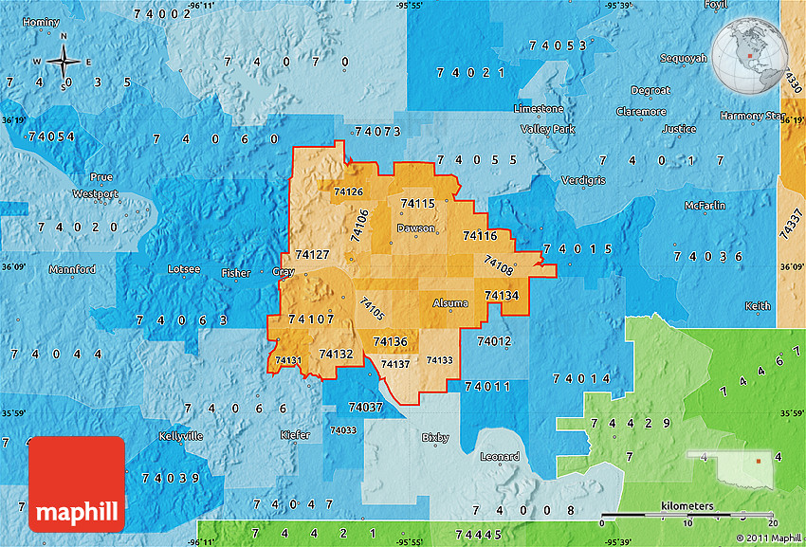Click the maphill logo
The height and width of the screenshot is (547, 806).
pyautogui.click(x=77, y=483)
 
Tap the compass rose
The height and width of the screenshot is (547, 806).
pyautogui.click(x=64, y=62)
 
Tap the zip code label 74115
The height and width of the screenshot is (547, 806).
pyautogui.click(x=417, y=204)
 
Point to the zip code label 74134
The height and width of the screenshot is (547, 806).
pyautogui.click(x=502, y=296)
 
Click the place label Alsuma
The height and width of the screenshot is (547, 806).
pyautogui.click(x=450, y=303)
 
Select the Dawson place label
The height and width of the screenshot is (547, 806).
pyautogui.click(x=416, y=228)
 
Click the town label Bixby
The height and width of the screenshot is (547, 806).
pyautogui.click(x=435, y=438)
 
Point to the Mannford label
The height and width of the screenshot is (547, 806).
pyautogui.click(x=73, y=269)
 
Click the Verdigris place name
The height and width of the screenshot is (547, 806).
pyautogui.click(x=582, y=180)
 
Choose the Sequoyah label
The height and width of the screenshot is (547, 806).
pyautogui.click(x=684, y=58)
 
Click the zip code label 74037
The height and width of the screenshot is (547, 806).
pyautogui.click(x=366, y=407)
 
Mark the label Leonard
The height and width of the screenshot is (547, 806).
pyautogui.click(x=500, y=457)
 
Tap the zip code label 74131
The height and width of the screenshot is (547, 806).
pyautogui.click(x=287, y=360)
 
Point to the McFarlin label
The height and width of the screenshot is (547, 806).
pyautogui.click(x=705, y=206)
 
